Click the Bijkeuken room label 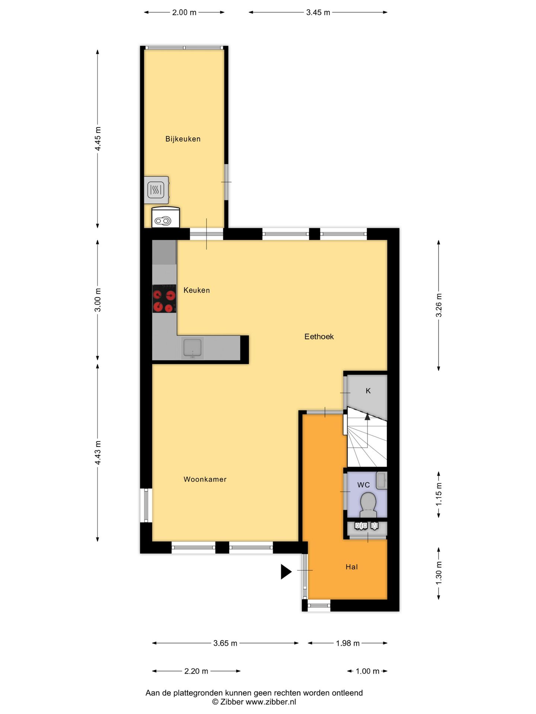pyautogui.click(x=183, y=139)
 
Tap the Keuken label pyautogui.click(x=197, y=290)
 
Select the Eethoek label pyautogui.click(x=319, y=337)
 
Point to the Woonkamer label pyautogui.click(x=205, y=479)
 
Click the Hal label pyautogui.click(x=352, y=567)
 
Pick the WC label pyautogui.click(x=363, y=485)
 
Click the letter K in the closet pyautogui.click(x=368, y=391)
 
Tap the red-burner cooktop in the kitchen pyautogui.click(x=164, y=299)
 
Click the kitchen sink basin pyautogui.click(x=192, y=348)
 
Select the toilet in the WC pyautogui.click(x=368, y=504)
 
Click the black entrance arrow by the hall pyautogui.click(x=285, y=572)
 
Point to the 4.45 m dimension pyautogui.click(x=98, y=139)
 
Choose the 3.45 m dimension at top pyautogui.click(x=318, y=13)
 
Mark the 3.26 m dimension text pyautogui.click(x=439, y=305)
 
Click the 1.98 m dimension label pyautogui.click(x=348, y=643)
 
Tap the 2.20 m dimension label pyautogui.click(x=196, y=671)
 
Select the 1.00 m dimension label pyautogui.click(x=367, y=671)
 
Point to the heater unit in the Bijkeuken pyautogui.click(x=156, y=190)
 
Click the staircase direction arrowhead pyautogui.click(x=367, y=416)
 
